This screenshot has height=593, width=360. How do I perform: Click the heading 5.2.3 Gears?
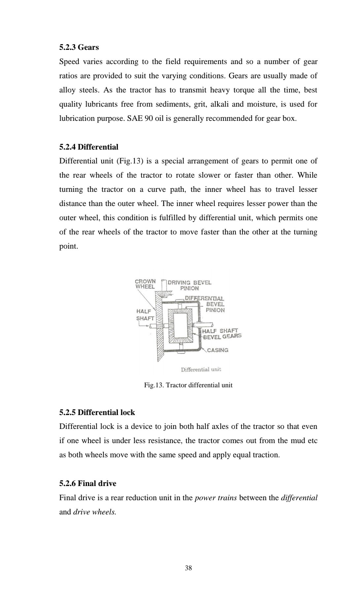(79, 47)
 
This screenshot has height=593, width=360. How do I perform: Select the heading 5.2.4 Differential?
(88, 147)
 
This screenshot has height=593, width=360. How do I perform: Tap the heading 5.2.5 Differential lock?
(97, 412)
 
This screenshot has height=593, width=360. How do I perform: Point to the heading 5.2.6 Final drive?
(87, 483)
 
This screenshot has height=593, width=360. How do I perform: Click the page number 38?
(188, 568)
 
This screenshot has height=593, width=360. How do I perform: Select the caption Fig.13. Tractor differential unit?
(188, 385)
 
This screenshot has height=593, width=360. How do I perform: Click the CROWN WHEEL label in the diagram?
(145, 284)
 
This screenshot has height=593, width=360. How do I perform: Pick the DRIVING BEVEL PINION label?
(189, 285)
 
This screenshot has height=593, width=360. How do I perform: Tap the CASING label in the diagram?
(217, 350)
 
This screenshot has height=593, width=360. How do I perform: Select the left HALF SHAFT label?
(145, 315)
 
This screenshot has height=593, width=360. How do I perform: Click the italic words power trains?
(215, 498)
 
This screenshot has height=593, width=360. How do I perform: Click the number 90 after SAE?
(148, 118)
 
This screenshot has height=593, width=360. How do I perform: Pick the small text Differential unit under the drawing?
(201, 369)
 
